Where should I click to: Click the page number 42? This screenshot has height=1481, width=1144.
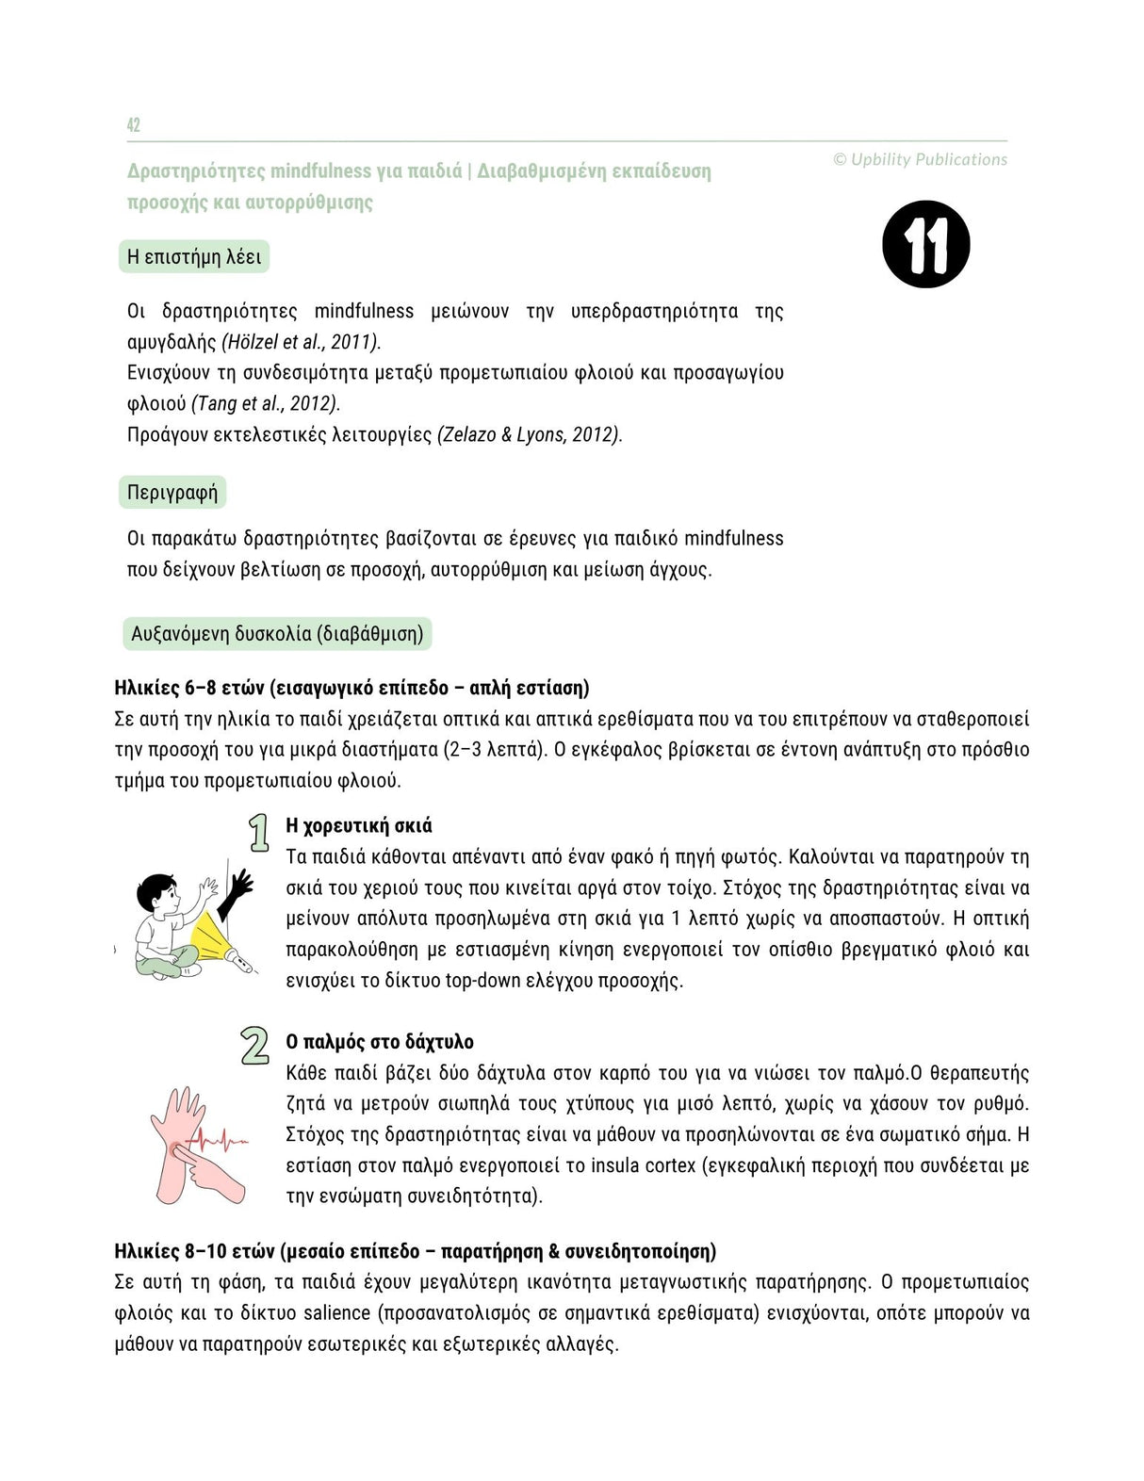[x=134, y=125]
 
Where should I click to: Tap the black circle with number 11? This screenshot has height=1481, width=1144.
[x=926, y=245]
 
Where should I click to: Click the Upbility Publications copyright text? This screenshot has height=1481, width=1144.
[x=920, y=160]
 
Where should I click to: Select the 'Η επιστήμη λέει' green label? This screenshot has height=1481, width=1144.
[x=194, y=257]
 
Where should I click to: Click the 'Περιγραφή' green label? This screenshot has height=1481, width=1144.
[x=172, y=493]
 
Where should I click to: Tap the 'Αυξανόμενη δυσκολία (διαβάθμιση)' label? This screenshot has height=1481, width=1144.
[x=277, y=634]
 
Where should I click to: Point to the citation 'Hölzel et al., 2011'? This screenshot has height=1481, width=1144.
[x=301, y=342]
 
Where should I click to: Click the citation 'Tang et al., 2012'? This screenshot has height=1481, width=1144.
[x=266, y=404]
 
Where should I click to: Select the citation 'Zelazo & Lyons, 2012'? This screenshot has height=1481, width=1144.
[x=530, y=435]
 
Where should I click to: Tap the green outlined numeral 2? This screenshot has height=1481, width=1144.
[x=254, y=1047]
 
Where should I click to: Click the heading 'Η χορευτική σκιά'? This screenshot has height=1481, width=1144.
[x=359, y=826]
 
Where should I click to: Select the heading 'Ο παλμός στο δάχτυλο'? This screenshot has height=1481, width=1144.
[x=380, y=1042]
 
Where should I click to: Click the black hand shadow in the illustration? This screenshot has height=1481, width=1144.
[x=237, y=894]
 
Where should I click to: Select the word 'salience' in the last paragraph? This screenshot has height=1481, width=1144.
[x=336, y=1313]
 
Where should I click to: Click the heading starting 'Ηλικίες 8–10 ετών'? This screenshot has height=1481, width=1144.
[x=415, y=1251]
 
